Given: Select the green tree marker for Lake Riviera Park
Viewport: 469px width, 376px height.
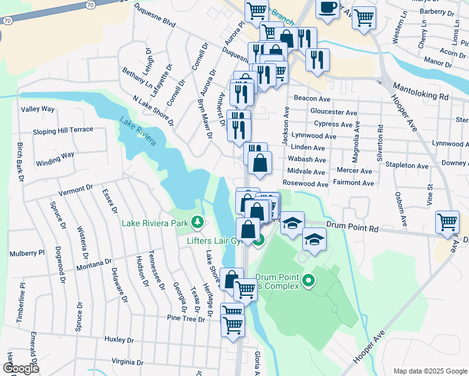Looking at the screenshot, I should pos(198,222).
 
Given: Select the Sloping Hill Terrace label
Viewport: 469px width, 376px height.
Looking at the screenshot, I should pos(63,130).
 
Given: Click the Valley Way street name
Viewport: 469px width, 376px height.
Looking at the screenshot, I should pos(38,109).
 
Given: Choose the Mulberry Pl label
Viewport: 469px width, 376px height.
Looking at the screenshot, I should pos(27,254).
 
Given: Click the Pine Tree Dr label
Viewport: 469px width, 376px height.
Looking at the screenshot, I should pos(186,319).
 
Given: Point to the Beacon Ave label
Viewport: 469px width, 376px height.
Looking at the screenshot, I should pos(312,99).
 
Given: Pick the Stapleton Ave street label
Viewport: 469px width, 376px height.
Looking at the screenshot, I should pos(408,166).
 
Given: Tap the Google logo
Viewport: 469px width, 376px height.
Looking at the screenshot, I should pos(21,369).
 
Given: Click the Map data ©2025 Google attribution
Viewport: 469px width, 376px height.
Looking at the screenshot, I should pos(429,371).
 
